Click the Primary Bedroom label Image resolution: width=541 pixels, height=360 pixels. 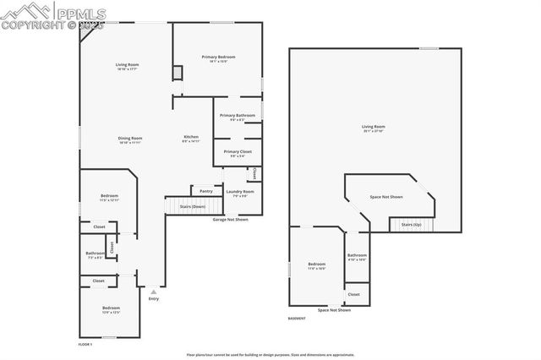[217, 57]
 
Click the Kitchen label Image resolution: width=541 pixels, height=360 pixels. [192, 138]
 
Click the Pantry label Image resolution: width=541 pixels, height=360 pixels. [205, 191]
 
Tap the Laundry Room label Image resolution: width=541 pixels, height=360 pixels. [239, 192]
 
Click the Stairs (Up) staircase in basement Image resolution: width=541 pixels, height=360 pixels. [411, 224]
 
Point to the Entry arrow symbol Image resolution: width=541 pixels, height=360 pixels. [153, 290]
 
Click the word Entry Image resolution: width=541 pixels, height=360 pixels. [153, 298]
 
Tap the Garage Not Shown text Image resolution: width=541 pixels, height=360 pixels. [230, 219]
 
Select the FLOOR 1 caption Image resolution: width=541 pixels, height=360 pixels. [85, 344]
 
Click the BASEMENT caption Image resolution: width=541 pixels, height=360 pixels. [297, 319]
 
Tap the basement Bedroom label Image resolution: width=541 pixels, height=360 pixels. [316, 264]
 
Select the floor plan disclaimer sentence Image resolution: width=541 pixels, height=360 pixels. [270, 355]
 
